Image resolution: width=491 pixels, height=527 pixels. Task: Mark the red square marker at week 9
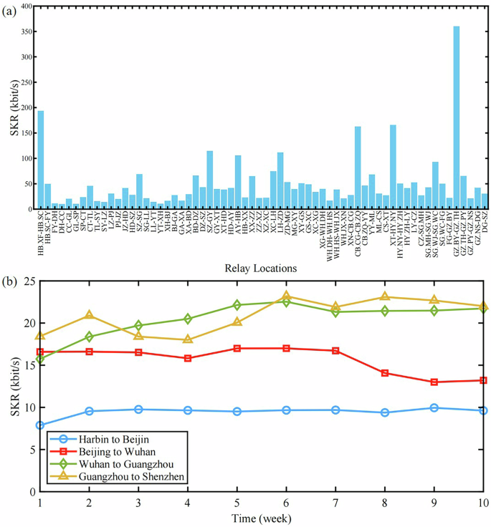[434, 382]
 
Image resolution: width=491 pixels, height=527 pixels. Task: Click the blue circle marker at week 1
[40, 425]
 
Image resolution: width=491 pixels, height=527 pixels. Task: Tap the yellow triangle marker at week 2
[89, 315]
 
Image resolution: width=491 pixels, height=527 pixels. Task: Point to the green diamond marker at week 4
[188, 319]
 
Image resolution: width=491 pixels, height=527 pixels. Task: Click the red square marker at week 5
[237, 349]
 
